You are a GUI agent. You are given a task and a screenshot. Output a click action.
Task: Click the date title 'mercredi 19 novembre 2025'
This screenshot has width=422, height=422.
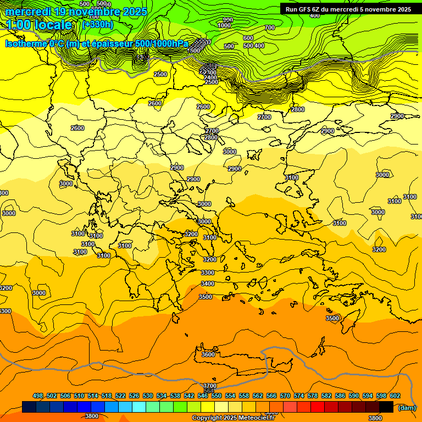point(76,12)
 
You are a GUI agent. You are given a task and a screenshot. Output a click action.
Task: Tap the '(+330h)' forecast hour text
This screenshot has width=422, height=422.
point(98,24)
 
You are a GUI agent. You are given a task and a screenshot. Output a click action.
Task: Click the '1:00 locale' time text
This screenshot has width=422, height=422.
point(38,25)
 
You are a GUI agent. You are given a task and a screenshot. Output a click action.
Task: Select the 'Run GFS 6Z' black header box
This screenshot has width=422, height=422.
point(348,9)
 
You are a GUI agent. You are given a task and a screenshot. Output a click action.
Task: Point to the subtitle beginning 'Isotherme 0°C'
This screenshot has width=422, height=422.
point(96,43)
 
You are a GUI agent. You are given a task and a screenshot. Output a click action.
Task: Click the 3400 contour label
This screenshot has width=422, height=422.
point(208,284)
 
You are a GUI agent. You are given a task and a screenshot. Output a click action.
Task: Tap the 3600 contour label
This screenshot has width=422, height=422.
point(208,354)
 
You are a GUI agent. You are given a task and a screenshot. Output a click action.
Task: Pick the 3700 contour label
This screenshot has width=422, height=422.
point(210,386)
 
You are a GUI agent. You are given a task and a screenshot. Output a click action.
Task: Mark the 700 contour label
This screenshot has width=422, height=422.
point(269,27)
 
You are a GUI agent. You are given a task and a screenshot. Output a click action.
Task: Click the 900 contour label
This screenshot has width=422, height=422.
point(227,20)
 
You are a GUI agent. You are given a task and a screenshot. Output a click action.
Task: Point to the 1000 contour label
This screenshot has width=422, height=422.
point(224,25)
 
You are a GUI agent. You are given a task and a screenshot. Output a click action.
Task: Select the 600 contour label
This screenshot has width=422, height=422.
point(248,38)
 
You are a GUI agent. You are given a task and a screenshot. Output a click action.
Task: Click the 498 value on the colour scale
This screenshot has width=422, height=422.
point(38,396)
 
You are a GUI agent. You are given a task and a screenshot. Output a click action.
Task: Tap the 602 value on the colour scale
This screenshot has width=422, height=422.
point(395,396)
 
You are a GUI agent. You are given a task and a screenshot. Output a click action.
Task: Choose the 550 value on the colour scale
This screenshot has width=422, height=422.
point(216,396)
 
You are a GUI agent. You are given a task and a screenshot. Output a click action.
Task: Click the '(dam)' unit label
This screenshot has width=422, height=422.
point(407,407)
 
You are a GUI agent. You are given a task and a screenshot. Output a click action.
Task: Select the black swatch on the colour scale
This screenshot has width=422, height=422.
point(386,407)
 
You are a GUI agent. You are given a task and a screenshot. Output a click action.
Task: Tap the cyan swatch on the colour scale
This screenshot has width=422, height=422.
point(139,407)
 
